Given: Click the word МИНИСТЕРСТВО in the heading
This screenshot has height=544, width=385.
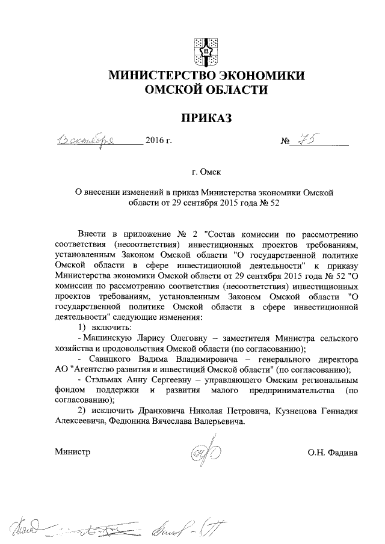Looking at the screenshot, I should (156, 76).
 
